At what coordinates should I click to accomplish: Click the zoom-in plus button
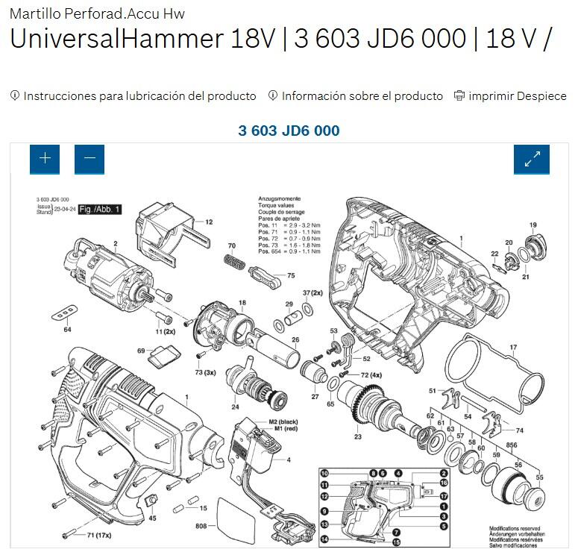tap(45, 159)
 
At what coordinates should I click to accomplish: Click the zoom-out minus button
tap(89, 159)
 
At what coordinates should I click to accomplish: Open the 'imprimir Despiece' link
tap(517, 96)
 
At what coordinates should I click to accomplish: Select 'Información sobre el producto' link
tap(362, 96)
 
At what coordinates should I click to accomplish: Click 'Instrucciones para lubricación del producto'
tap(139, 96)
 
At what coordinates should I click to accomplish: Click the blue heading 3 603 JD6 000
tap(289, 131)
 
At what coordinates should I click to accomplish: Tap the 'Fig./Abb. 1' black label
tap(99, 210)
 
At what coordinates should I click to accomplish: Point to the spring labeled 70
tap(236, 262)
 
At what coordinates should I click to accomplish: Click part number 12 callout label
tap(209, 222)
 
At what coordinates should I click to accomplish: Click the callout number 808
tap(201, 527)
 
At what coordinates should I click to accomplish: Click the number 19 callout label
tap(533, 225)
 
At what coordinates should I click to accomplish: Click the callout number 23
tap(357, 436)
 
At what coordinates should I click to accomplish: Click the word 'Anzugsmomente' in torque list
tap(279, 199)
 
